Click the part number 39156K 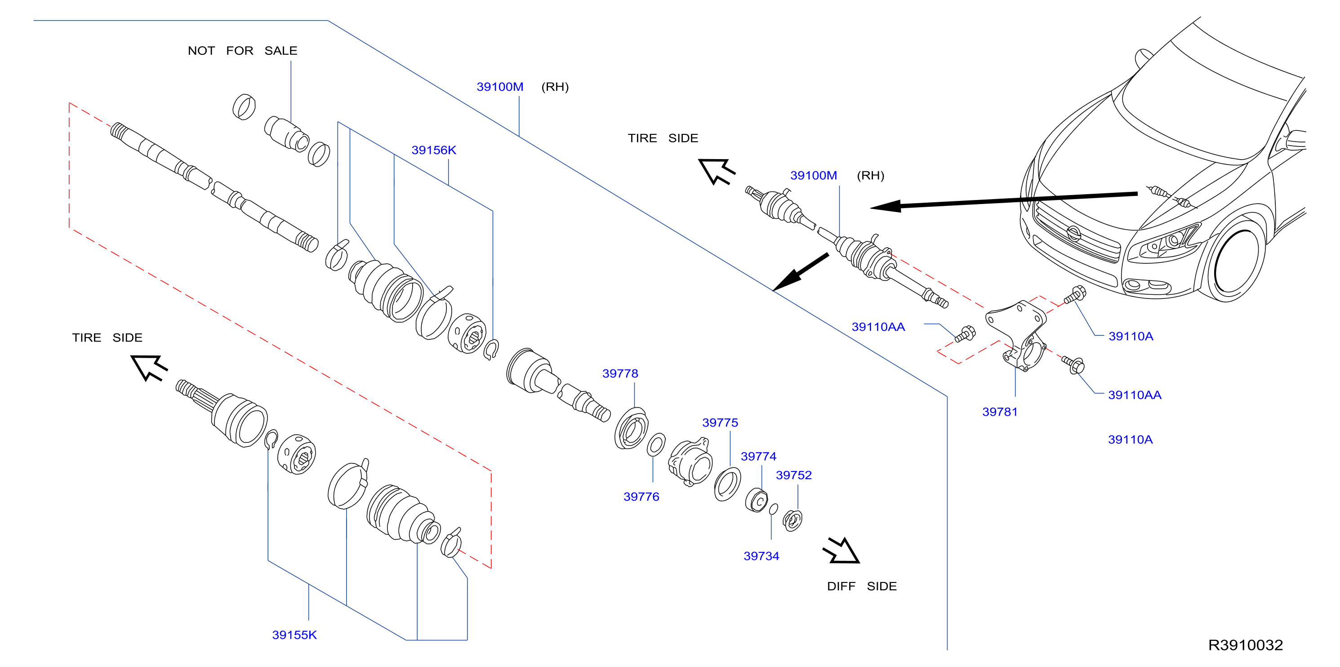click(x=433, y=151)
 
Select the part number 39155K click(x=294, y=635)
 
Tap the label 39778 click(x=620, y=374)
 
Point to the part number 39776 click(x=641, y=497)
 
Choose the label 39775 click(x=720, y=422)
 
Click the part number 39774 click(x=758, y=456)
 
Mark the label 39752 click(x=793, y=475)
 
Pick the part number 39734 click(x=761, y=556)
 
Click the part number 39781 click(x=999, y=412)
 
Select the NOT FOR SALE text click(x=242, y=50)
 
